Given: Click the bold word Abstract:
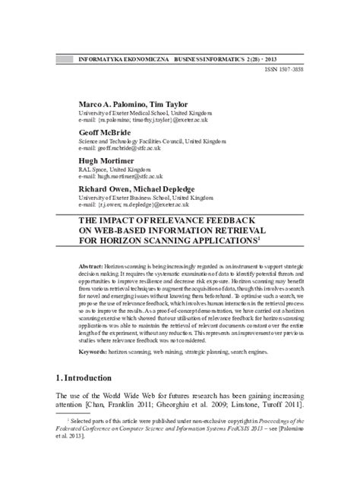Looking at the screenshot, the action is pos(91,270).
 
